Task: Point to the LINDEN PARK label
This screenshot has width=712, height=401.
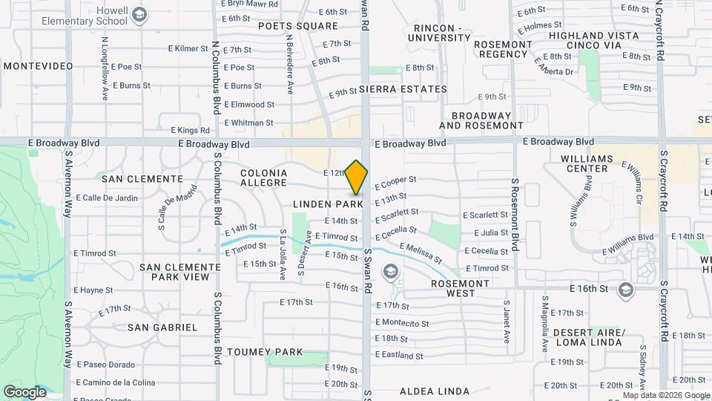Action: (x=328, y=203)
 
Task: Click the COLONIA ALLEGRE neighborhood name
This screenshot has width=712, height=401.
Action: (x=263, y=177)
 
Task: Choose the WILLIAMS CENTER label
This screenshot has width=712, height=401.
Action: (x=587, y=164)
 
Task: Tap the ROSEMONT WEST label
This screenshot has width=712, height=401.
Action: (x=461, y=288)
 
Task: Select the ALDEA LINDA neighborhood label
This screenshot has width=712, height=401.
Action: (x=435, y=391)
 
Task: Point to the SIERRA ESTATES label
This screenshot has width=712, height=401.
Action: (x=403, y=89)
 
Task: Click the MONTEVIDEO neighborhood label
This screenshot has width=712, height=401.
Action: (x=39, y=66)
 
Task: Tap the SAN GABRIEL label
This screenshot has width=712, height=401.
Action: (x=162, y=327)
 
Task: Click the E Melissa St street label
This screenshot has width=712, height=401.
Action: (x=421, y=253)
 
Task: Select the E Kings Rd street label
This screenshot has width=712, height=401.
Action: (x=185, y=130)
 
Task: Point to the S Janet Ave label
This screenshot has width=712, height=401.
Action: (x=507, y=321)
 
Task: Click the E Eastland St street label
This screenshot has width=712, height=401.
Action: (x=399, y=356)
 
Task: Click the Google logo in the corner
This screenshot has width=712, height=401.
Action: (x=24, y=391)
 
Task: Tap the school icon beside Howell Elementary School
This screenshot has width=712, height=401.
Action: (x=139, y=15)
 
